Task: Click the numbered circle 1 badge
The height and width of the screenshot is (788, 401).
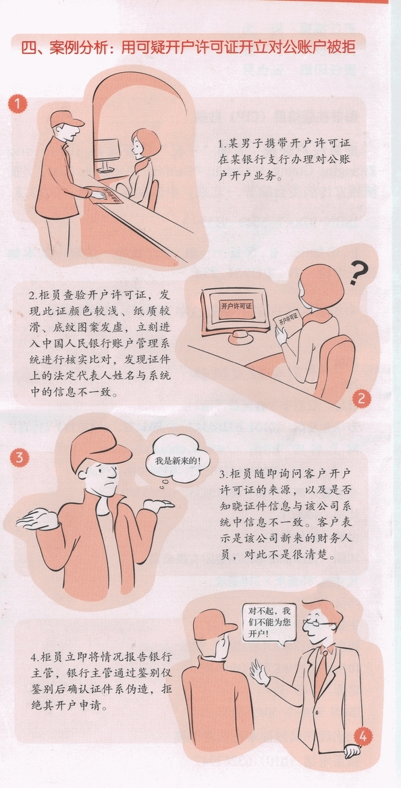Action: click(17, 105)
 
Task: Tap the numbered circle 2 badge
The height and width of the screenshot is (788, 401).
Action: click(362, 399)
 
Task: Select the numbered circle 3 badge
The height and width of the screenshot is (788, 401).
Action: click(20, 457)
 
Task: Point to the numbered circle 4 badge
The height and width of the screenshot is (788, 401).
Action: click(363, 737)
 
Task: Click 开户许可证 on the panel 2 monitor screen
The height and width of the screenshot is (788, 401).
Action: click(236, 305)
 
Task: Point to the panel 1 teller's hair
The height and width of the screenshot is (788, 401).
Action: click(147, 141)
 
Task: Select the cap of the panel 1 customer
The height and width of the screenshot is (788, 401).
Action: click(66, 119)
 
